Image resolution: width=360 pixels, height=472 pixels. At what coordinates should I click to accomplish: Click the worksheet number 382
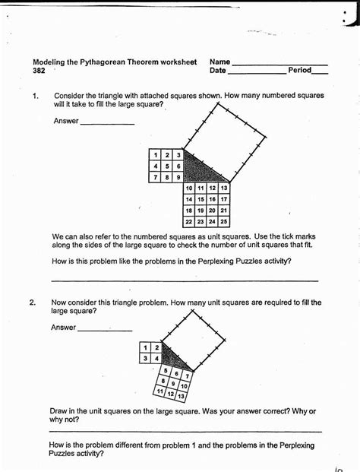tap(39, 71)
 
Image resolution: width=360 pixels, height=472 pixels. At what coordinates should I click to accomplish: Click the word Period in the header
tap(299, 71)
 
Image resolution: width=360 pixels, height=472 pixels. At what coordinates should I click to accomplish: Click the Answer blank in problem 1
tap(107, 122)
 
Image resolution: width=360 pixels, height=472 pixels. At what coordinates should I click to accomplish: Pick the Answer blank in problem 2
tap(105, 330)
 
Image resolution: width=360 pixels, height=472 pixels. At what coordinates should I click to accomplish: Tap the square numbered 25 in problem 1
tap(224, 222)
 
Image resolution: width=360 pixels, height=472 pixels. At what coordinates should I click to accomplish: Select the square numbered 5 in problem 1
tap(167, 166)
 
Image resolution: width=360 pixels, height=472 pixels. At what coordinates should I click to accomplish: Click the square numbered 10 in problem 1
tap(189, 188)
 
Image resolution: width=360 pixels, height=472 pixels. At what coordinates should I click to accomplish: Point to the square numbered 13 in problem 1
tap(224, 188)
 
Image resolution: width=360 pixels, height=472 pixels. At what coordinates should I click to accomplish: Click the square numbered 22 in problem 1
tap(189, 222)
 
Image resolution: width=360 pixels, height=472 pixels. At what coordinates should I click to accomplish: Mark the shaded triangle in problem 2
tap(172, 356)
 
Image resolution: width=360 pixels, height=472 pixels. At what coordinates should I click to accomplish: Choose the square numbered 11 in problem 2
tap(158, 391)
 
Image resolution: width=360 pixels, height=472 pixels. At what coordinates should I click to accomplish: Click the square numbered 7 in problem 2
tap(188, 375)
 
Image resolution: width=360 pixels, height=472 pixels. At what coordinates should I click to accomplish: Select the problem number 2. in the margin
tap(33, 303)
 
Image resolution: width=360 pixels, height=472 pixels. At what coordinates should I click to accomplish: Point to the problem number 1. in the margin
tap(35, 97)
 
